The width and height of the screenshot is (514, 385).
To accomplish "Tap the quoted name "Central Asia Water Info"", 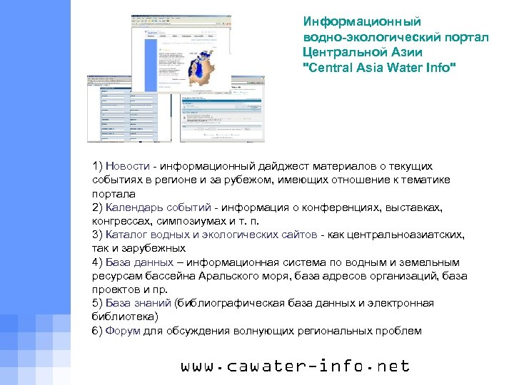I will coord(378,68).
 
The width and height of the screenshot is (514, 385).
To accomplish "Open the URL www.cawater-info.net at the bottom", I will coord(296,366).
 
